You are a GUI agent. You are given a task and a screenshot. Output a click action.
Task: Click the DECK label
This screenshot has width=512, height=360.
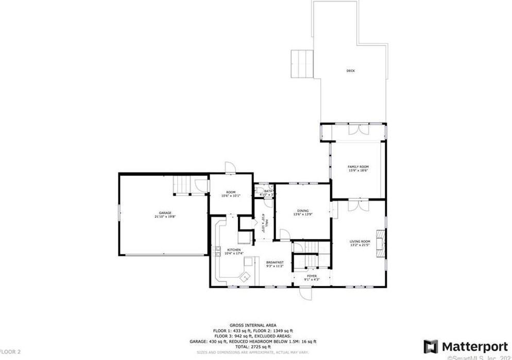click(x=350, y=71)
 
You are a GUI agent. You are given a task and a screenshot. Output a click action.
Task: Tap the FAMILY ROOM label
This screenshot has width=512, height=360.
click(x=358, y=167)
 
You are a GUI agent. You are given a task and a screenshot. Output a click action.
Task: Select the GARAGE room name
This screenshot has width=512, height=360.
click(x=165, y=213)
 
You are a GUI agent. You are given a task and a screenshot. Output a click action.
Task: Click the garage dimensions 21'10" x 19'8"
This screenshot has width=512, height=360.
click(x=165, y=217)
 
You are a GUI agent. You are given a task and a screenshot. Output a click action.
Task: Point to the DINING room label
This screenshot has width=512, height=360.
click(x=302, y=210)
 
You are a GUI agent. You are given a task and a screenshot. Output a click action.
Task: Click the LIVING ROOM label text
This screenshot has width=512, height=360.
click(x=360, y=241)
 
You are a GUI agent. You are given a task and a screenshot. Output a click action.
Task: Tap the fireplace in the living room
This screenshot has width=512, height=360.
click(x=380, y=242)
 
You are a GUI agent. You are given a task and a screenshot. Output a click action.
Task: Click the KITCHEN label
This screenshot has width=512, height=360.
click(x=227, y=249)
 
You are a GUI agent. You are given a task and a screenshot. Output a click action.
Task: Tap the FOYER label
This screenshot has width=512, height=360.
click(x=312, y=276)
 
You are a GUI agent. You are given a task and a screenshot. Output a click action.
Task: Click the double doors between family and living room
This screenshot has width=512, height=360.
click(x=357, y=205)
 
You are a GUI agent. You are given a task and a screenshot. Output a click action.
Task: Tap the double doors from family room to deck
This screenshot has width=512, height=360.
click(x=357, y=130)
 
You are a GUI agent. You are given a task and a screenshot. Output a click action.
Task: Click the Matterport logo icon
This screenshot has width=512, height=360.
click(x=431, y=346)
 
